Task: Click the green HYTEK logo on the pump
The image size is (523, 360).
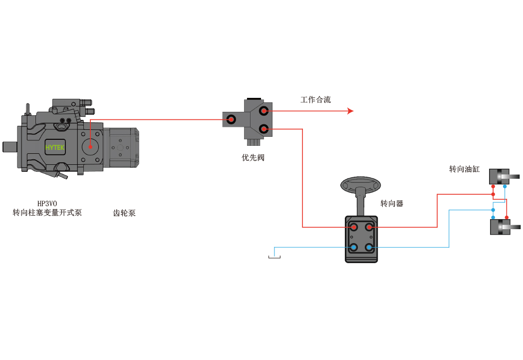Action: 55,147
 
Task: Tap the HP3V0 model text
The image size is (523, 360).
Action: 47,204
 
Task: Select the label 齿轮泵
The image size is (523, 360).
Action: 124,213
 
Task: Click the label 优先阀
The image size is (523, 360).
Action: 253,157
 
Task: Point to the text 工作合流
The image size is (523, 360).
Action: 315,99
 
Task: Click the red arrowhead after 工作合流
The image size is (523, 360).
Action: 350,111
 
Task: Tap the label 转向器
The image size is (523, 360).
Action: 392,204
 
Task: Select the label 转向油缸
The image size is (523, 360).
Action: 464,169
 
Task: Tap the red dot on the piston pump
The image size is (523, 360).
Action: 90,147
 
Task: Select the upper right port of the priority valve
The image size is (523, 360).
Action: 264,111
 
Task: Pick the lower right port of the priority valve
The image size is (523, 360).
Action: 264,129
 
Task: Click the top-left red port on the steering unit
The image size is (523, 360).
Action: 353,227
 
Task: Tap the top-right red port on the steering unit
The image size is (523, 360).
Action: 369,227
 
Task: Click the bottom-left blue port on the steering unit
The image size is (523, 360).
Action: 353,247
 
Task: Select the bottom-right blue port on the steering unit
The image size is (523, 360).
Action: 369,247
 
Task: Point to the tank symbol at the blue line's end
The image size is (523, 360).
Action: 274,257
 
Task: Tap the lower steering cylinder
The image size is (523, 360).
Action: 500,227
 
